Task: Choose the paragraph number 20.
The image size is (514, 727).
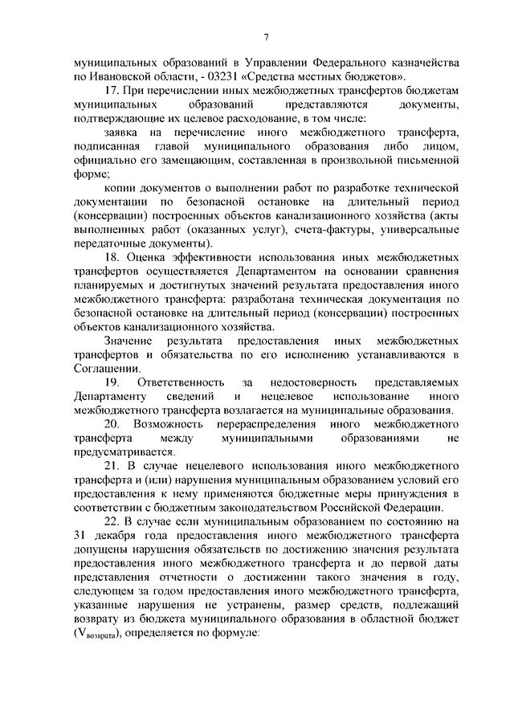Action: (x=112, y=423)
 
